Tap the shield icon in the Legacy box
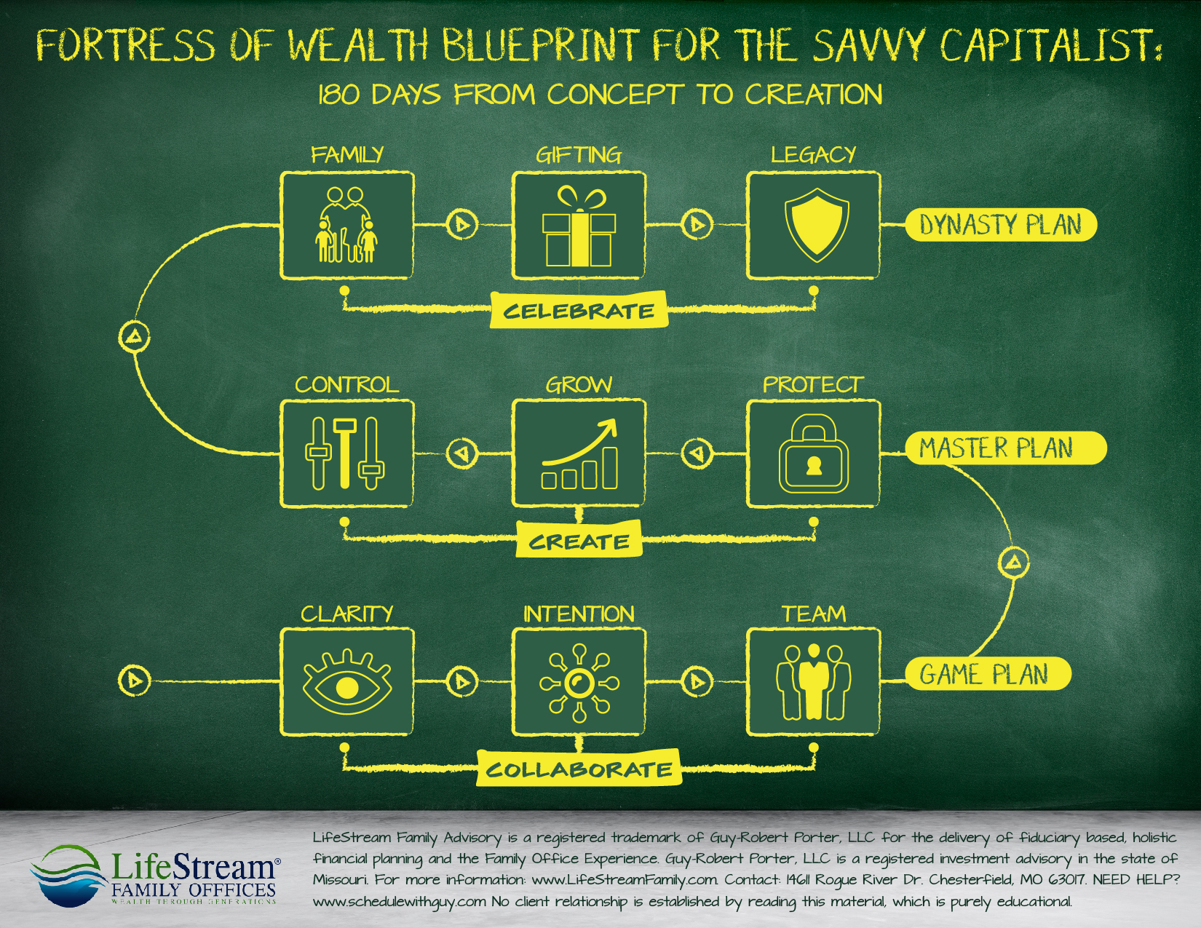pyautogui.click(x=816, y=225)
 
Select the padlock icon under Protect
pyautogui.click(x=814, y=454)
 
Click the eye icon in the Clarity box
pyautogui.click(x=347, y=683)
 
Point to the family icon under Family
pyautogui.click(x=347, y=225)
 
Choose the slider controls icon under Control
pyautogui.click(x=345, y=453)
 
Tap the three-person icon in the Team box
pyautogui.click(x=814, y=682)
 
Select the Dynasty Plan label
pyautogui.click(x=1000, y=225)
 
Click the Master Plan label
pyautogui.click(x=1004, y=448)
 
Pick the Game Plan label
pyautogui.click(x=987, y=674)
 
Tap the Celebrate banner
pyautogui.click(x=579, y=311)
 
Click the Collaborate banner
pyautogui.click(x=579, y=769)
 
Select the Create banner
pyautogui.click(x=579, y=541)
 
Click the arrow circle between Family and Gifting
pyautogui.click(x=461, y=224)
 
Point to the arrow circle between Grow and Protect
pyautogui.click(x=697, y=453)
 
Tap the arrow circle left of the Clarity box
pyautogui.click(x=134, y=680)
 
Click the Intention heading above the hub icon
pyautogui.click(x=579, y=614)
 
